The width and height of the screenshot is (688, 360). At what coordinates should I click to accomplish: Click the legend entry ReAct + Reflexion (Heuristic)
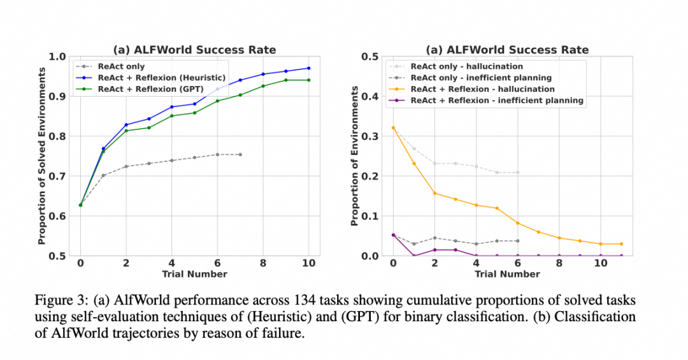(156, 78)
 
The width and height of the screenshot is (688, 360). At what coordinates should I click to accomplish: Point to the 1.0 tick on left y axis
(59, 57)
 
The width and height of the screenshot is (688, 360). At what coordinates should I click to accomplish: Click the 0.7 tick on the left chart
(59, 176)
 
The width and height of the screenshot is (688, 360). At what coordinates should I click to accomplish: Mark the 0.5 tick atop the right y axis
(370, 57)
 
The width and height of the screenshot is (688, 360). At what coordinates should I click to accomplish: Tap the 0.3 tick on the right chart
(370, 136)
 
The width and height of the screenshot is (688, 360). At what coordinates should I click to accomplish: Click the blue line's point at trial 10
(309, 68)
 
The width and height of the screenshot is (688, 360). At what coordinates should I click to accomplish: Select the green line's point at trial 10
(309, 80)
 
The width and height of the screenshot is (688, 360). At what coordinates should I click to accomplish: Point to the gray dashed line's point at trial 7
(240, 154)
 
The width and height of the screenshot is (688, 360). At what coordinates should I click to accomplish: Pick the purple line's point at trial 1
(413, 256)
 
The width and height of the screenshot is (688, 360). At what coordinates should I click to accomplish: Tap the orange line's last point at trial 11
(621, 244)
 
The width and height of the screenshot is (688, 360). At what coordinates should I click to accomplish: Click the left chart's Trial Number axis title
(194, 275)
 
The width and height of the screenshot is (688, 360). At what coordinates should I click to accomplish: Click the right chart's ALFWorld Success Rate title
(507, 50)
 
